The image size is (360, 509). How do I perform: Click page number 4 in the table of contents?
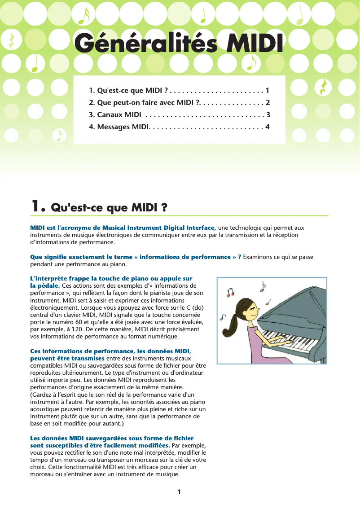[268, 127]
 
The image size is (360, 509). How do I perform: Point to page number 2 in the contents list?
[268, 102]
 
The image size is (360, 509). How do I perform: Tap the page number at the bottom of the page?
[179, 492]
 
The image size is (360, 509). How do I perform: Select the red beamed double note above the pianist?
[231, 293]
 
